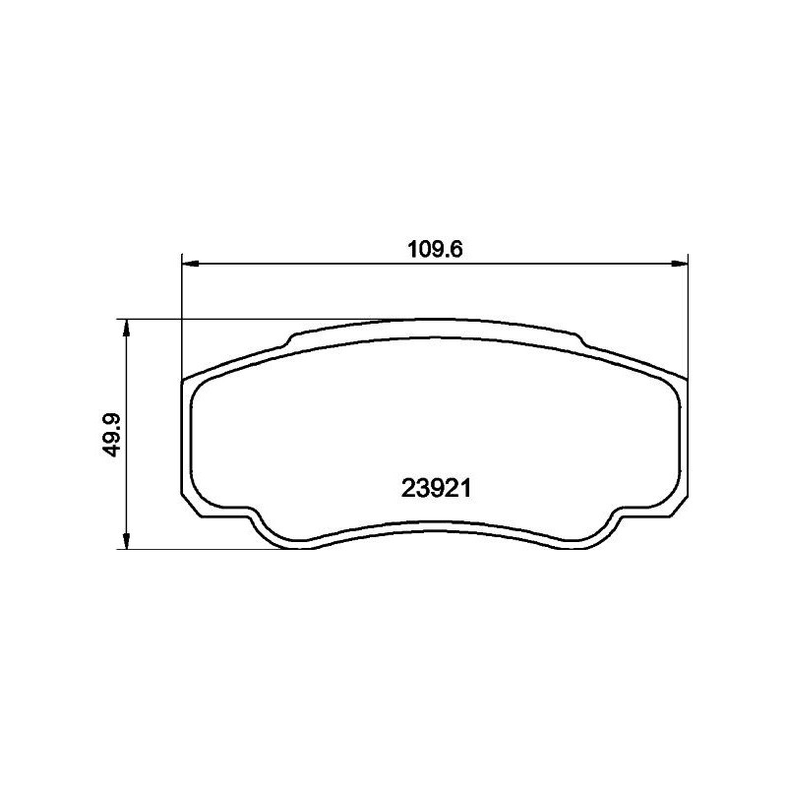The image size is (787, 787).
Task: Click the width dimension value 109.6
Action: [x=435, y=249]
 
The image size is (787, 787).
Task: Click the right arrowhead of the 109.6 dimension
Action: [x=678, y=264]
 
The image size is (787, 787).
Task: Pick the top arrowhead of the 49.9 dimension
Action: [x=126, y=327]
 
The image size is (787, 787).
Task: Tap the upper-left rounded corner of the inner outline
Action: [x=200, y=387]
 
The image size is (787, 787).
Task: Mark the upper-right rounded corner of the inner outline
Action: [x=670, y=387]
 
